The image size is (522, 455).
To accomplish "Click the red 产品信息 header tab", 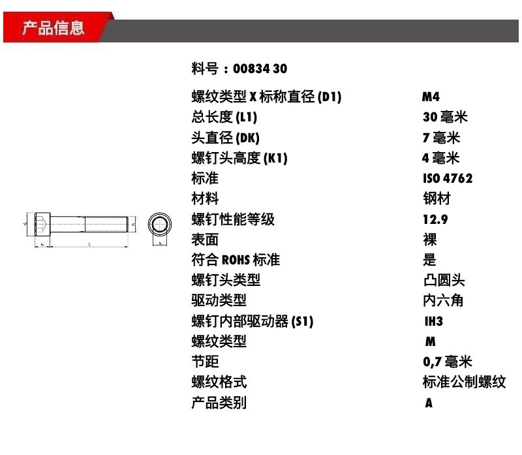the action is pos(54,28).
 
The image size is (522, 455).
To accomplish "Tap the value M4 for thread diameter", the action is pos(431,97).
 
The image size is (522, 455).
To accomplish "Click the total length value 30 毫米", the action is pos(445,118).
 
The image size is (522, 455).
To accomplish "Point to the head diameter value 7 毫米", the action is pos(441,138).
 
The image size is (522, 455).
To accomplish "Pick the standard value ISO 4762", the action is pos(448,178).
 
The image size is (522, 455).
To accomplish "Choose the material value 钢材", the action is pos(437,198).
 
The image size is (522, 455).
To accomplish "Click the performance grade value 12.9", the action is pos(435,219).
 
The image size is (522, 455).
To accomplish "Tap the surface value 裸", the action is pos(429,240).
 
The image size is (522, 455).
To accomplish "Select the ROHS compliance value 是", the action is pos(429,260).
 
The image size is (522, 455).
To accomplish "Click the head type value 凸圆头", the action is pos(444,281).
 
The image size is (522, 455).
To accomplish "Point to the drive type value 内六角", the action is pos(443,301).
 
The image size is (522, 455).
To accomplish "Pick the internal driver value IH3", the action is pos(434,321).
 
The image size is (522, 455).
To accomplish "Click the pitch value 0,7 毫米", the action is pos(447,362).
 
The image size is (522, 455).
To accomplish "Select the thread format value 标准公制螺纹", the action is pos(464,382).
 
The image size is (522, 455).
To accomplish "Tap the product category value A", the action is pos(429,403).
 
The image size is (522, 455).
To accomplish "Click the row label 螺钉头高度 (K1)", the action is pos(239,158).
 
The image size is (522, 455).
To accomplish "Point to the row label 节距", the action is pos(205,362).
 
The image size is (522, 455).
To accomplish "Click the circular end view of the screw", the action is pos(160,226).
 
